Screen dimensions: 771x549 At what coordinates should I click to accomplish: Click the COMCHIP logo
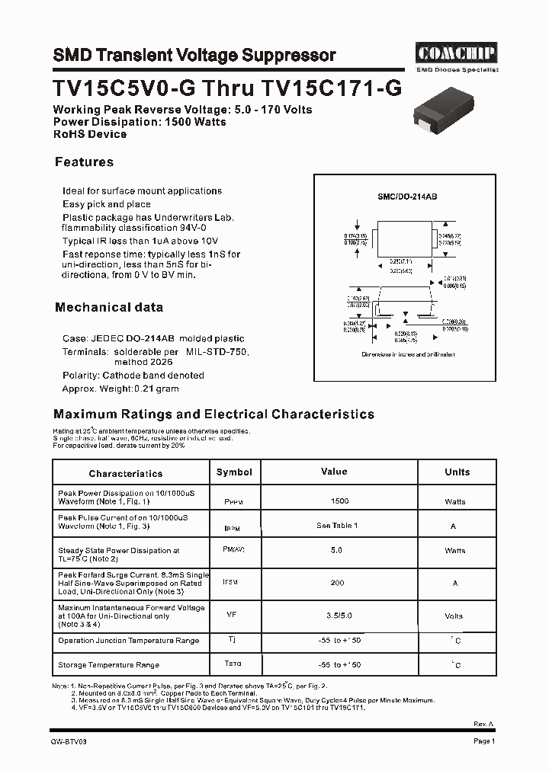pyautogui.click(x=456, y=53)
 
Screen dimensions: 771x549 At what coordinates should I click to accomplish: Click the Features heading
pyautogui.click(x=84, y=162)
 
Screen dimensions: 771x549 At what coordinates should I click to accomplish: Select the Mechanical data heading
pyautogui.click(x=108, y=308)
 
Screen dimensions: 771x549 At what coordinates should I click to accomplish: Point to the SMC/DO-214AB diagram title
pyautogui.click(x=407, y=197)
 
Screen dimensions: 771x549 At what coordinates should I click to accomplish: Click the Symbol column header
pyautogui.click(x=234, y=472)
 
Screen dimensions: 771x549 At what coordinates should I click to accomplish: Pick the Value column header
pyautogui.click(x=334, y=472)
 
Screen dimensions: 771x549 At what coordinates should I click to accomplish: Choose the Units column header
pyautogui.click(x=457, y=472)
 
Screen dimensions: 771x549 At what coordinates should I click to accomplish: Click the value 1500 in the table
pyautogui.click(x=339, y=501)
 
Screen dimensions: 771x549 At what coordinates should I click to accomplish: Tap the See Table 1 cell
pyautogui.click(x=337, y=526)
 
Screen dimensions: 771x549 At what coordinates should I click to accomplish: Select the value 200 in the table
pyautogui.click(x=337, y=583)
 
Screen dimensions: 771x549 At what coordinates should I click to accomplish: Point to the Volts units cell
pyautogui.click(x=454, y=616)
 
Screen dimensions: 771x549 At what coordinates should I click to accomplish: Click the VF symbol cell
pyautogui.click(x=231, y=613)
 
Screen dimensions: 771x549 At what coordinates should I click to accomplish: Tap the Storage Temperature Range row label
pyautogui.click(x=108, y=665)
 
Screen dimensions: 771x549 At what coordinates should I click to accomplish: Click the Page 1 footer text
pyautogui.click(x=484, y=741)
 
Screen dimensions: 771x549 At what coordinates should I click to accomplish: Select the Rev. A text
pyautogui.click(x=484, y=723)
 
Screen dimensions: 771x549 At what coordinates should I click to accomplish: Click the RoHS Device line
pyautogui.click(x=90, y=134)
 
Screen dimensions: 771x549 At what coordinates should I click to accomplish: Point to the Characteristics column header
pyautogui.click(x=126, y=474)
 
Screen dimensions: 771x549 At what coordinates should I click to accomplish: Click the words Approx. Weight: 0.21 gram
pyautogui.click(x=120, y=389)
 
